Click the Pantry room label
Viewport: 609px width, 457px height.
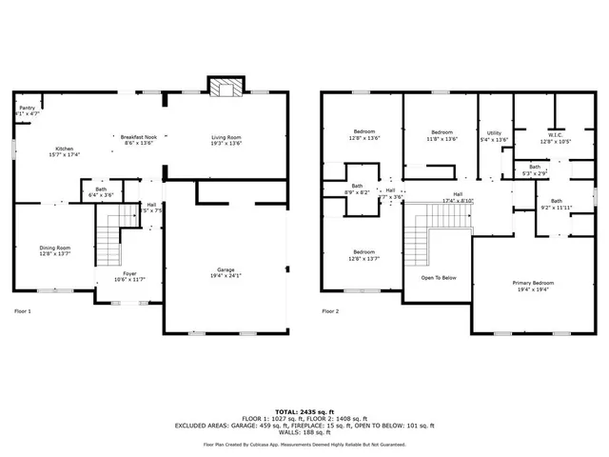(27, 109)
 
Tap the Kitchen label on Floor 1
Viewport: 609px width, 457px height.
(64, 149)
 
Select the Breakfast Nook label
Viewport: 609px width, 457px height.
(137, 137)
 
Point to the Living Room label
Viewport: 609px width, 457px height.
(226, 137)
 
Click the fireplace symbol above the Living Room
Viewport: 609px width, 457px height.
(226, 89)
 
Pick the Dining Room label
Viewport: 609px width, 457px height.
(54, 248)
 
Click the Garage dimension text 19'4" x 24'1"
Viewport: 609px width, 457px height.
(226, 276)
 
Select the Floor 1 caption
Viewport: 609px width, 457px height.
(22, 311)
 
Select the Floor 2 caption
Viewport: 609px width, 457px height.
(330, 311)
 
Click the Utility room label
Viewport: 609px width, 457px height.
(494, 133)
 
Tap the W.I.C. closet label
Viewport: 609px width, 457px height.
(556, 134)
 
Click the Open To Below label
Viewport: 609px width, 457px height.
(439, 278)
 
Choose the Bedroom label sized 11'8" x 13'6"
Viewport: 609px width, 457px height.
(442, 132)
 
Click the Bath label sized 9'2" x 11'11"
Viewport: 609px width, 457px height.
(556, 201)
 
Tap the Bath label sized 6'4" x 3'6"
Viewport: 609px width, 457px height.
(100, 189)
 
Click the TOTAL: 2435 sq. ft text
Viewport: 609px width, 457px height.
(304, 407)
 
